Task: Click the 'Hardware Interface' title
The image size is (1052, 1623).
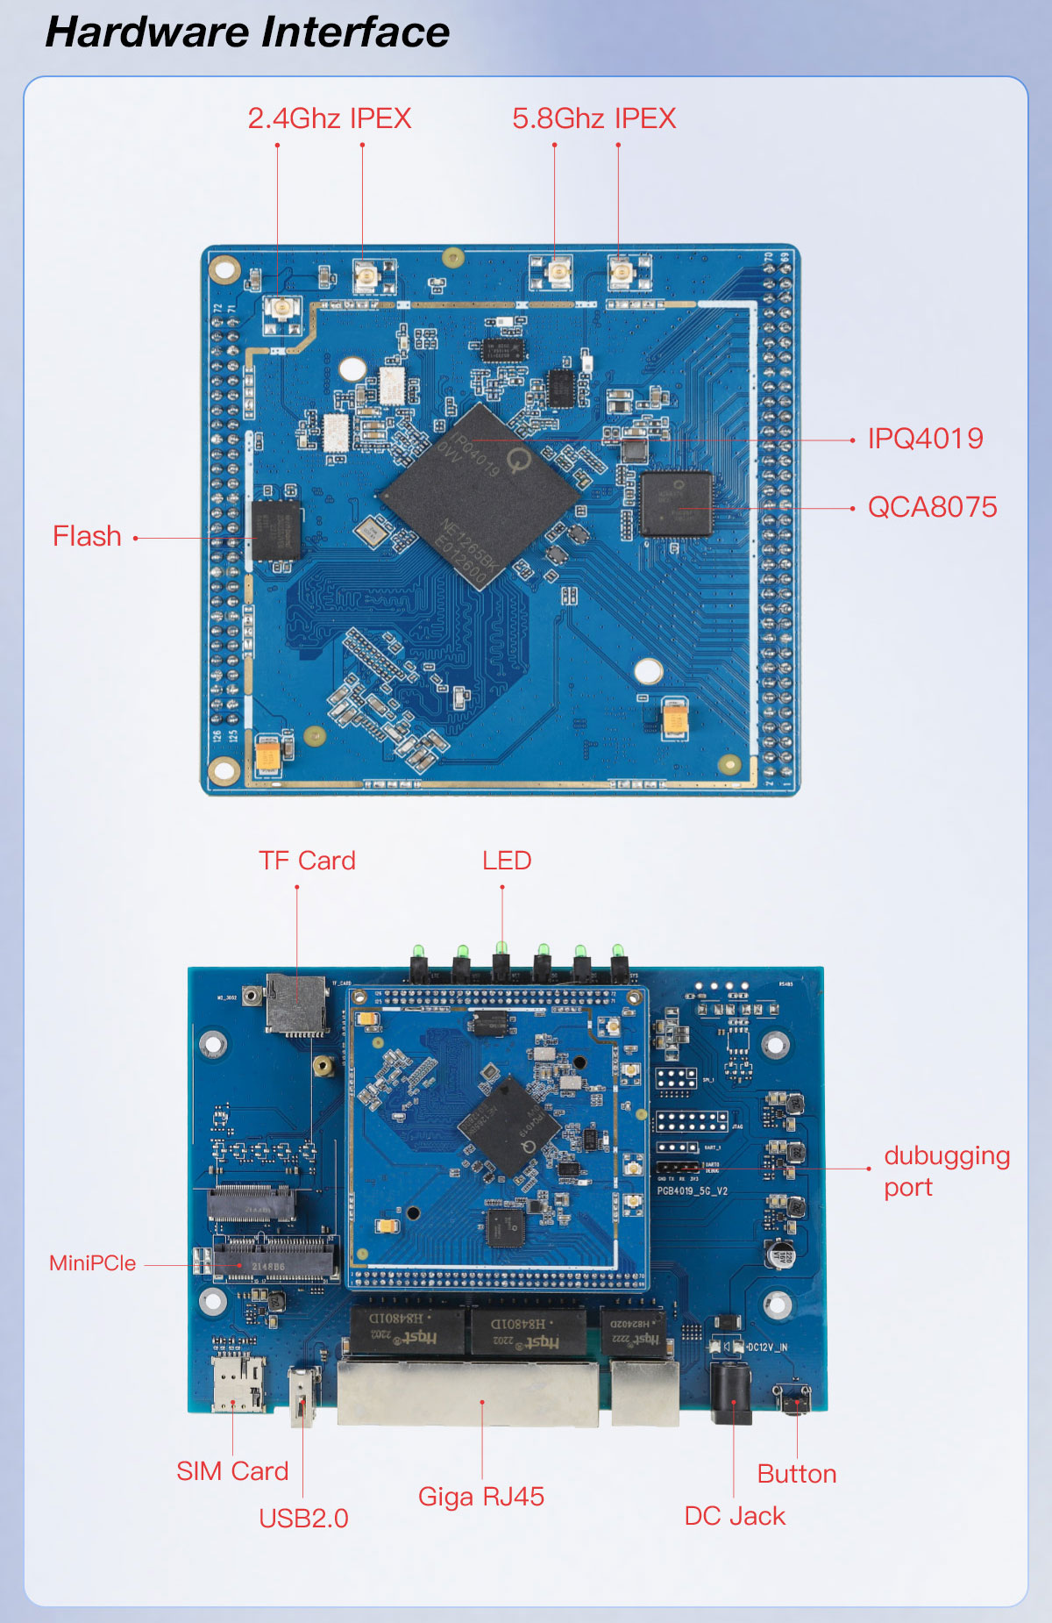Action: [247, 32]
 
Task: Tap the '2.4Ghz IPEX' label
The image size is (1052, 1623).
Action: [330, 118]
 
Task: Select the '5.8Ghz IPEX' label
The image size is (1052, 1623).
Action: [594, 118]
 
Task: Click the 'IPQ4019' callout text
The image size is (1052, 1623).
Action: [925, 439]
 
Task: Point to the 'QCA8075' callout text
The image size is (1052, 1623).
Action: [932, 507]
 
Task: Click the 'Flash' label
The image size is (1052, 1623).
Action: [87, 536]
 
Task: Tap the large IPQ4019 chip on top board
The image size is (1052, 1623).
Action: [480, 496]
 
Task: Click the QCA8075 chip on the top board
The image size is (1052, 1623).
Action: [676, 503]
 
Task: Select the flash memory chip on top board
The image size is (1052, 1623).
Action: [276, 530]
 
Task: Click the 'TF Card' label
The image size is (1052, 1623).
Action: [307, 861]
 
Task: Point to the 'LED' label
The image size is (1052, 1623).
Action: [507, 861]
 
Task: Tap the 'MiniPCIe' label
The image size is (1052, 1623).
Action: [93, 1263]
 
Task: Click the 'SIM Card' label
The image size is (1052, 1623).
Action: [232, 1471]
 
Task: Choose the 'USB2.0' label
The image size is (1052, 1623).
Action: [303, 1518]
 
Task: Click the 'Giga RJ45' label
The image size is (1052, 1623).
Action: [481, 1496]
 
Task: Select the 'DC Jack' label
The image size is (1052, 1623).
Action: [735, 1516]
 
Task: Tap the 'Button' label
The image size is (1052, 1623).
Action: [797, 1474]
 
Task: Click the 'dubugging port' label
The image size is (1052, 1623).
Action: [946, 1171]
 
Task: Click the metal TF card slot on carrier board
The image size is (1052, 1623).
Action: [297, 1004]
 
